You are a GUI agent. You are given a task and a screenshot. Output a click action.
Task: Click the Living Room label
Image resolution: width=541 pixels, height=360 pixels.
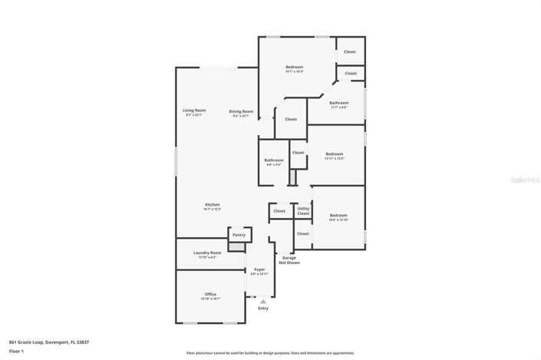click(194, 111)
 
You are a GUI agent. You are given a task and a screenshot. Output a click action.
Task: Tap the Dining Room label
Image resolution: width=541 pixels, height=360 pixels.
click(241, 112)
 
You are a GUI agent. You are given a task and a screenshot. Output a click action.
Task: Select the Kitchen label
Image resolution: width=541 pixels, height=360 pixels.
click(212, 205)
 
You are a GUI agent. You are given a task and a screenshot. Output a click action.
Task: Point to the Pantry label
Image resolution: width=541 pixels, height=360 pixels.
click(239, 234)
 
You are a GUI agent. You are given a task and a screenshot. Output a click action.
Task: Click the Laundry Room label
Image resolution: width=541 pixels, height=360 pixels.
click(207, 253)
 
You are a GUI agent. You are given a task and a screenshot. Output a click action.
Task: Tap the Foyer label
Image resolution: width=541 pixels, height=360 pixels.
click(259, 269)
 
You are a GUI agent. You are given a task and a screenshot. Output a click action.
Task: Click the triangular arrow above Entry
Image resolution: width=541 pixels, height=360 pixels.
click(262, 302)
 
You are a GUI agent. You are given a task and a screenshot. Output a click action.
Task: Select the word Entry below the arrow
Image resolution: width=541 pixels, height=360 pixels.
click(263, 309)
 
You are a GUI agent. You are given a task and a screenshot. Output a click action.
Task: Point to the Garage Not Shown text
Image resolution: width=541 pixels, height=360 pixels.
click(289, 260)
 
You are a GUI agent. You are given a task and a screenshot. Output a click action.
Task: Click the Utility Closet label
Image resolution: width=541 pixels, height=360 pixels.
click(303, 210)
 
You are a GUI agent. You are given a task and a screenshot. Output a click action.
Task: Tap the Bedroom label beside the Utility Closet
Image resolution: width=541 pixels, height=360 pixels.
click(338, 216)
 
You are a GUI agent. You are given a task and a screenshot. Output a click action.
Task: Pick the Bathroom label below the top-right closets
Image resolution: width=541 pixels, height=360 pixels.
click(339, 103)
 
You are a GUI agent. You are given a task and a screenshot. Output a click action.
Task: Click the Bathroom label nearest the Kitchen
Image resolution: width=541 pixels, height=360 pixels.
click(274, 160)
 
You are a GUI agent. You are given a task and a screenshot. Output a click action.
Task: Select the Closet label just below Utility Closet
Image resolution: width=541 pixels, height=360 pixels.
click(303, 233)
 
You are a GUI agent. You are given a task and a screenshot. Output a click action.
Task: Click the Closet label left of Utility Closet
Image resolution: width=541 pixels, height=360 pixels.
click(279, 210)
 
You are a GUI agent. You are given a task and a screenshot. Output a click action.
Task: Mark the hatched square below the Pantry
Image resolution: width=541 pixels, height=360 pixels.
click(238, 246)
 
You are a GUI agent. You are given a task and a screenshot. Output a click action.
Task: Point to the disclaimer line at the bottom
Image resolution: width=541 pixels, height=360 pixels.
click(270, 353)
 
